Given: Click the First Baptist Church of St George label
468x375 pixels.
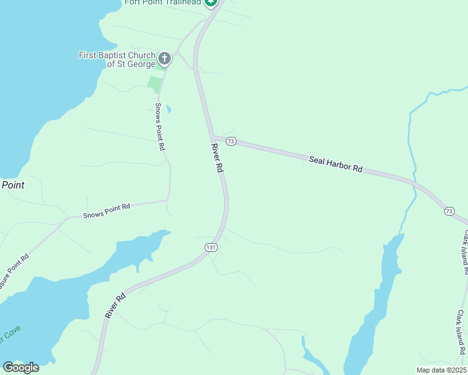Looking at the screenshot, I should coord(117,59).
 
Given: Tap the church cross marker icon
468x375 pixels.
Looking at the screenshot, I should coord(164,59).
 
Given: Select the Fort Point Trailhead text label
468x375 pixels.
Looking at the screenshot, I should coord(163,2).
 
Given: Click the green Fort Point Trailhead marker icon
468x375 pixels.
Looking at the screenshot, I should coord(211,2).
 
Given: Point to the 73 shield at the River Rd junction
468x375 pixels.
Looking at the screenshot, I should coord(231,141).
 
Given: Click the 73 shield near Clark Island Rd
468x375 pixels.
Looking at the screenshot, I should coord(449,211).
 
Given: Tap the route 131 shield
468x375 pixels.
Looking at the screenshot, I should coord(211,248).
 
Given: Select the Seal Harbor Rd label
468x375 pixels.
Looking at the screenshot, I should coord(336,164).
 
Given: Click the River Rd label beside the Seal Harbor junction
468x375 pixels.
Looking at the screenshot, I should coord(217,159).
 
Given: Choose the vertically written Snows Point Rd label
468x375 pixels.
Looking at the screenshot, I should coord(160,126).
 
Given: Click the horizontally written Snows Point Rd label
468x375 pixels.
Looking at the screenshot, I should coord(106,211).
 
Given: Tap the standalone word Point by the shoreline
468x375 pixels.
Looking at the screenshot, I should coord(13,185).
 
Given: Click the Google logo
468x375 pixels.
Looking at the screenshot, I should coord(21,367).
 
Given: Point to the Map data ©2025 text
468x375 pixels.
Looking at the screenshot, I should coord(442,370).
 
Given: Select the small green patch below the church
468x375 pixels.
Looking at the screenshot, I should coord(155,83).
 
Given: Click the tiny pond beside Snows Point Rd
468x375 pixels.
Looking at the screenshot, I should coord(168,109).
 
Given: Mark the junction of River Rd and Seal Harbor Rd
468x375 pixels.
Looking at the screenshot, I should coord(213,137).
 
